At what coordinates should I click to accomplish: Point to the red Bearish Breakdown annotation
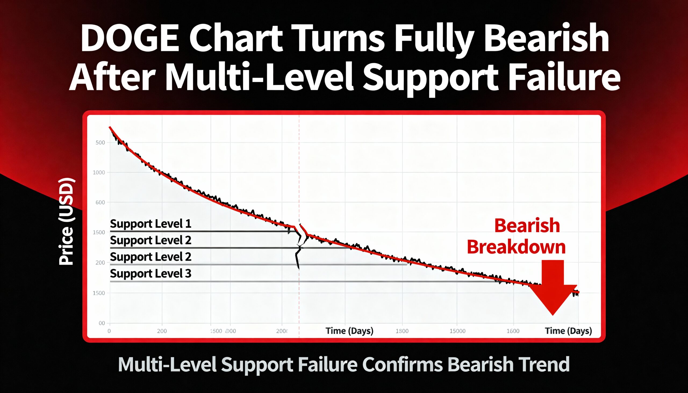[516, 236]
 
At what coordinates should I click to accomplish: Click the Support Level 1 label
[150, 224]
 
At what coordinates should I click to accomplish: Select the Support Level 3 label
[150, 273]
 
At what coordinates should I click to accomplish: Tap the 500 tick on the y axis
[100, 143]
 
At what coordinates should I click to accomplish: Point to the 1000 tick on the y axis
[99, 172]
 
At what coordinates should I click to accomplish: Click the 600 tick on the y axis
[100, 203]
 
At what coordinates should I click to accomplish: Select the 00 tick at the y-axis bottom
[102, 323]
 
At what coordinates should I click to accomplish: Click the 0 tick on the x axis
[109, 331]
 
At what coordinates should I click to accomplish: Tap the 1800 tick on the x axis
[402, 331]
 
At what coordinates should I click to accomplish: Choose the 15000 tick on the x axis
[457, 331]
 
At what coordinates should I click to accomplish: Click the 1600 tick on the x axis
[513, 331]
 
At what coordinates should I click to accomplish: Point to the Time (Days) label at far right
[568, 331]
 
